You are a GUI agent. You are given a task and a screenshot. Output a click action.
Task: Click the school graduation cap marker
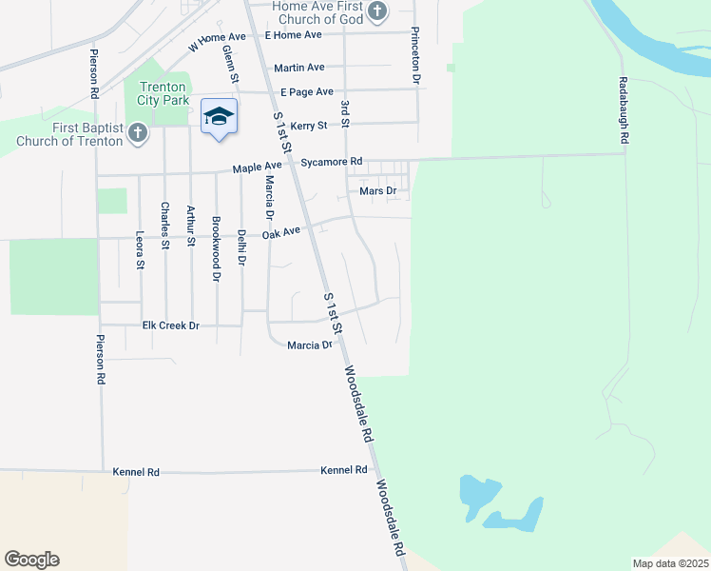[x=219, y=117]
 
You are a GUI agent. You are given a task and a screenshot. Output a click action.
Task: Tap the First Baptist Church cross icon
[x=138, y=132]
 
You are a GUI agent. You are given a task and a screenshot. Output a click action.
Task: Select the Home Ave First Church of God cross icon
[x=377, y=11]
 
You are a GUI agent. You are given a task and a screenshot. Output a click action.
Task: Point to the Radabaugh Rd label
[x=624, y=110]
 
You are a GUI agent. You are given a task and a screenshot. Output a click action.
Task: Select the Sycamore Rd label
[x=332, y=162]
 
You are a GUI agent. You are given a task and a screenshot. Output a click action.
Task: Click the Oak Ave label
[x=281, y=232]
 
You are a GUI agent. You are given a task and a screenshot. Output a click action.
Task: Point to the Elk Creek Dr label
[x=170, y=325]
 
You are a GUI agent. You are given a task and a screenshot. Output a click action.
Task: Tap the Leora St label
[x=141, y=251]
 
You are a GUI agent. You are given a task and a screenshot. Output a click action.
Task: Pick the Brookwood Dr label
[x=217, y=249]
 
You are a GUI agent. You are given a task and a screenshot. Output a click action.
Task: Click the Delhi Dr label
[x=242, y=246]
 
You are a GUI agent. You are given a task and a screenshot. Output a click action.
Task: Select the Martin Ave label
[x=298, y=68]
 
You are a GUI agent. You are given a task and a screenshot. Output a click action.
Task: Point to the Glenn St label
[x=228, y=62]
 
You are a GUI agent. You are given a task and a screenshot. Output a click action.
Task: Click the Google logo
[x=31, y=560]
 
